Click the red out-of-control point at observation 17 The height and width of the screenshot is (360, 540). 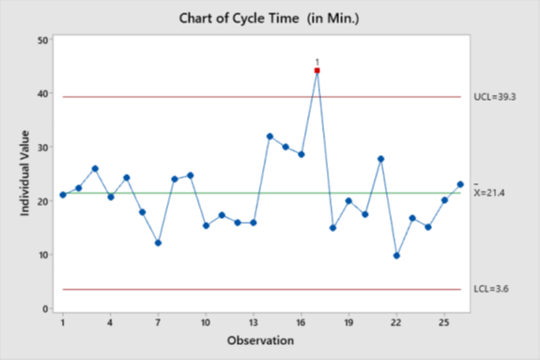[316, 70]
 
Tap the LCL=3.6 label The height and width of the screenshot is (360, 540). [490, 290]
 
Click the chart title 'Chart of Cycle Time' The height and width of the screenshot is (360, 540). [270, 18]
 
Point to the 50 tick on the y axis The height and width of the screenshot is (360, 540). [43, 40]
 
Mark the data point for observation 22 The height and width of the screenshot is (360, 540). [396, 256]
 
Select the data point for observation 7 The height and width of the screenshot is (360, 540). [158, 243]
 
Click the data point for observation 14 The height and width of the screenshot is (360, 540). [270, 136]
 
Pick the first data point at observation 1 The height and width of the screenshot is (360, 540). [63, 195]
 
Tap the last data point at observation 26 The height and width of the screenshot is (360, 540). [460, 184]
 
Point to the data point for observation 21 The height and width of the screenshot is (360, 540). [380, 159]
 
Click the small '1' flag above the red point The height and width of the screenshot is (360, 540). [316, 61]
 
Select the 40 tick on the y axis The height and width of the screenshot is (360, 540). [43, 94]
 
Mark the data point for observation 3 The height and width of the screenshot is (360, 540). [95, 168]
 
